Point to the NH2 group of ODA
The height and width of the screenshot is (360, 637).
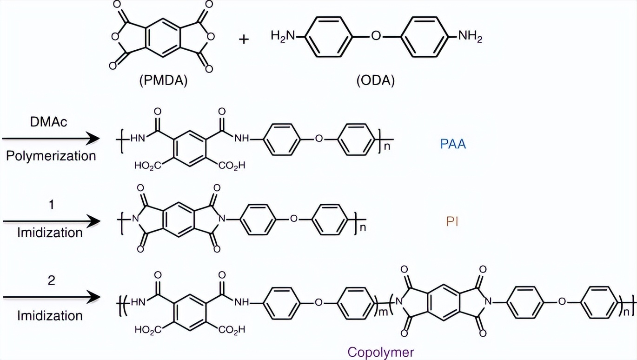pyautogui.click(x=470, y=37)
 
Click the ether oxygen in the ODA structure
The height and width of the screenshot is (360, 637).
pyautogui.click(x=376, y=37)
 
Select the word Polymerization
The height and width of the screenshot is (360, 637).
pyautogui.click(x=51, y=155)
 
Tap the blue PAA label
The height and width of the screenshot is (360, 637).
pyautogui.click(x=453, y=144)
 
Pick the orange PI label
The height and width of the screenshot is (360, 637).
pyautogui.click(x=453, y=221)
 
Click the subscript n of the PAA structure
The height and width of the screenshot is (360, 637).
pyautogui.click(x=385, y=148)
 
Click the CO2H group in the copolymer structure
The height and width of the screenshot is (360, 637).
pyautogui.click(x=231, y=330)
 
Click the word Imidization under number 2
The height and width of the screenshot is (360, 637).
pyautogui.click(x=50, y=316)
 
